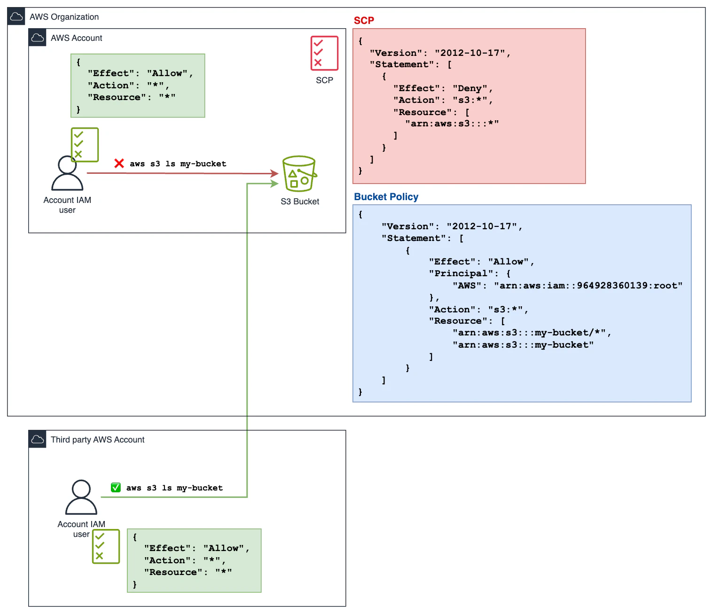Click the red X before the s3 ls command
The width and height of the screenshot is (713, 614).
(x=119, y=163)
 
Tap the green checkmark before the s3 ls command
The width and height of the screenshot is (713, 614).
(x=116, y=488)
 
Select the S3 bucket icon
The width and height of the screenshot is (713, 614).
(x=299, y=174)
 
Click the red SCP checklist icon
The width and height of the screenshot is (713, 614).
(x=324, y=53)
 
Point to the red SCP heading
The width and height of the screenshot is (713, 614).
(x=364, y=21)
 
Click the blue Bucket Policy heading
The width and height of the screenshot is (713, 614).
(x=386, y=197)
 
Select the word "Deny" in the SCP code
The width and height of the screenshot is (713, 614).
(x=470, y=88)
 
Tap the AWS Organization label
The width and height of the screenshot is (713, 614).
(x=64, y=17)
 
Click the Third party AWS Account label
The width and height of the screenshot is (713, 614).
(x=97, y=440)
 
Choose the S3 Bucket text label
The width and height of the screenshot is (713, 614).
(x=300, y=202)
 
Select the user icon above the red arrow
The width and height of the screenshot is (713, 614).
(x=67, y=173)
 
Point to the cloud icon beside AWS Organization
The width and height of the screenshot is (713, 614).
(x=16, y=17)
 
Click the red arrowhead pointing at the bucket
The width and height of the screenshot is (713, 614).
(x=275, y=174)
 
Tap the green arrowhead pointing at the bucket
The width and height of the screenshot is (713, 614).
(x=275, y=184)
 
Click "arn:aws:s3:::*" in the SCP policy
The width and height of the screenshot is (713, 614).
(x=452, y=124)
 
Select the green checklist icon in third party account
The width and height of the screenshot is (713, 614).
(x=106, y=546)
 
